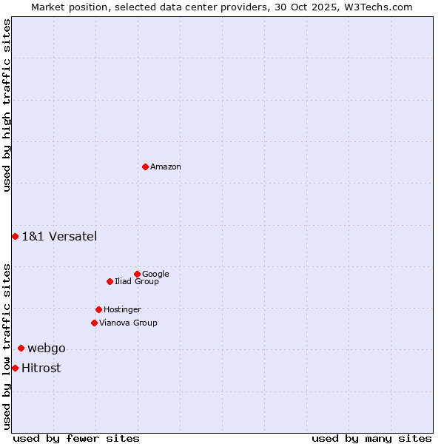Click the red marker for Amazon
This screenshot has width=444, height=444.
tap(145, 166)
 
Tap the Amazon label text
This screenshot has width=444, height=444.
tap(166, 167)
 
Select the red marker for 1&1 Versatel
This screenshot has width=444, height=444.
tap(15, 236)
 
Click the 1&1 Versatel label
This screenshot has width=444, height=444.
tap(59, 237)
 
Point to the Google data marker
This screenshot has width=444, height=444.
tap(137, 274)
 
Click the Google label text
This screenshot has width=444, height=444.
tap(155, 275)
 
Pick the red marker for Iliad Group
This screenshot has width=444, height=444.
tap(110, 281)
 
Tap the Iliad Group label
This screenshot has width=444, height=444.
tap(137, 282)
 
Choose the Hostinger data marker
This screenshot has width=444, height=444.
tap(98, 309)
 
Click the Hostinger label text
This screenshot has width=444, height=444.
tap(122, 310)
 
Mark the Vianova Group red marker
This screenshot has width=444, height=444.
tap(94, 323)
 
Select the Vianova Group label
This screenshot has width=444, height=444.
tap(128, 323)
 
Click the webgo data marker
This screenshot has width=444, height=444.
tap(21, 348)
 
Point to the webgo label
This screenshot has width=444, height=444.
tap(47, 349)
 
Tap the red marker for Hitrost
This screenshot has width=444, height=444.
tap(15, 368)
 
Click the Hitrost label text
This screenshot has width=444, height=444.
tap(41, 369)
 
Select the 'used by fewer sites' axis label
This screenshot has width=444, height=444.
tap(76, 438)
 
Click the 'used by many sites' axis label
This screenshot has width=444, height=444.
tap(371, 438)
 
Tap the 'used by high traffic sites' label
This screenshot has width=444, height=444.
tap(7, 105)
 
